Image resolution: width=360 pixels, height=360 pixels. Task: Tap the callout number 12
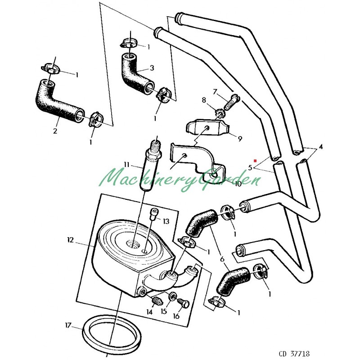pos(70,241)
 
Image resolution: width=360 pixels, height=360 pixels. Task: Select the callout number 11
pos(127,164)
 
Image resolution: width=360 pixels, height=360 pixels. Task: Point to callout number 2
pos(55,131)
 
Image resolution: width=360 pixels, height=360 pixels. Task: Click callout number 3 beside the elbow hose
pos(152,68)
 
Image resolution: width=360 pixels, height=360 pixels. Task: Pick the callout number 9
pos(240,138)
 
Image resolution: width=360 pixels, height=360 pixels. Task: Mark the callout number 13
pos(166,221)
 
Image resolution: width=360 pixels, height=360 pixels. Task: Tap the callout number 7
pos(215,92)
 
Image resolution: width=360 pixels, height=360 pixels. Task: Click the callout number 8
pos(204,100)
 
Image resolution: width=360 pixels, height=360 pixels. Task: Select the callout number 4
pos(321,147)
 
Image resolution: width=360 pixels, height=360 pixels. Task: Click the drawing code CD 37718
pos(294,354)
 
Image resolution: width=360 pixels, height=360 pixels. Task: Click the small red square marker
pos(255,160)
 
